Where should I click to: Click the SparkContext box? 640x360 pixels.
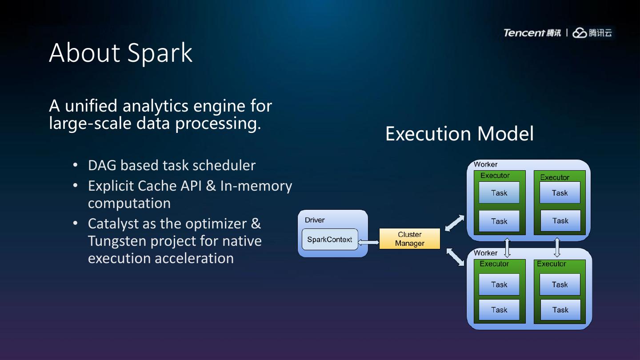pyautogui.click(x=329, y=240)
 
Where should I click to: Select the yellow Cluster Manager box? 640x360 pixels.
pyautogui.click(x=409, y=239)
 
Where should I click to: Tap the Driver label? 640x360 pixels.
pyautogui.click(x=315, y=220)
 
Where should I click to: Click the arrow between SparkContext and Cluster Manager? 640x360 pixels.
pyautogui.click(x=368, y=242)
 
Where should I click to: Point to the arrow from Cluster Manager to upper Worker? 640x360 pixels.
pyautogui.click(x=454, y=223)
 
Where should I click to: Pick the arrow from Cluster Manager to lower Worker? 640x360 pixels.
pyautogui.click(x=455, y=257)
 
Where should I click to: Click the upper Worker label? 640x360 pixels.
pyautogui.click(x=485, y=164)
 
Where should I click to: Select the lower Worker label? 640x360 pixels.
pyautogui.click(x=485, y=253)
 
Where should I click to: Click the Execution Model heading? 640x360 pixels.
pyautogui.click(x=459, y=134)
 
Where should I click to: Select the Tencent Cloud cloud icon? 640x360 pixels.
pyautogui.click(x=580, y=33)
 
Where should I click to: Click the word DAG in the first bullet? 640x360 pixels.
pyautogui.click(x=102, y=165)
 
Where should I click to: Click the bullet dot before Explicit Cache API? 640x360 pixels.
pyautogui.click(x=76, y=186)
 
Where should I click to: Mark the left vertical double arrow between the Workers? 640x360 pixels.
pyautogui.click(x=507, y=248)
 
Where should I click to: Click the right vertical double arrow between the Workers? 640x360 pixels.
pyautogui.click(x=557, y=248)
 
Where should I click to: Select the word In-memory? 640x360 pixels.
pyautogui.click(x=256, y=186)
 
